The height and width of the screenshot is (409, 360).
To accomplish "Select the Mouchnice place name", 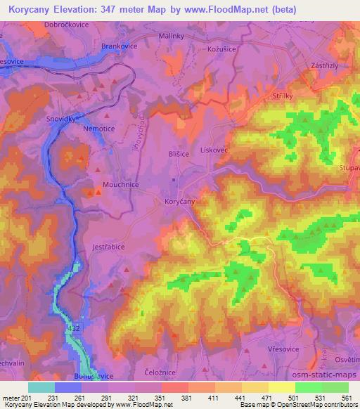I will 120,184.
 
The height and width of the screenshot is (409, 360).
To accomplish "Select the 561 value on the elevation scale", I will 346,398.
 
